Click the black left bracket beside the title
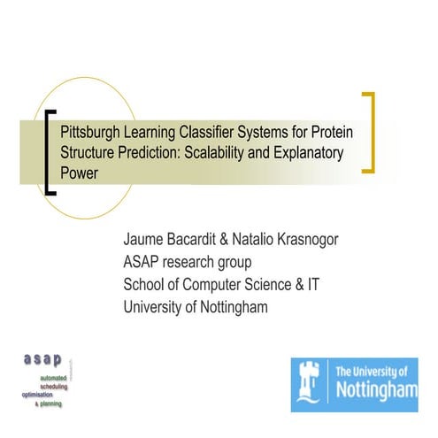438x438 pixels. (x=50, y=150)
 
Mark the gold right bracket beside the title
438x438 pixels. (x=368, y=132)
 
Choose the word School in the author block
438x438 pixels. (x=148, y=285)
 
